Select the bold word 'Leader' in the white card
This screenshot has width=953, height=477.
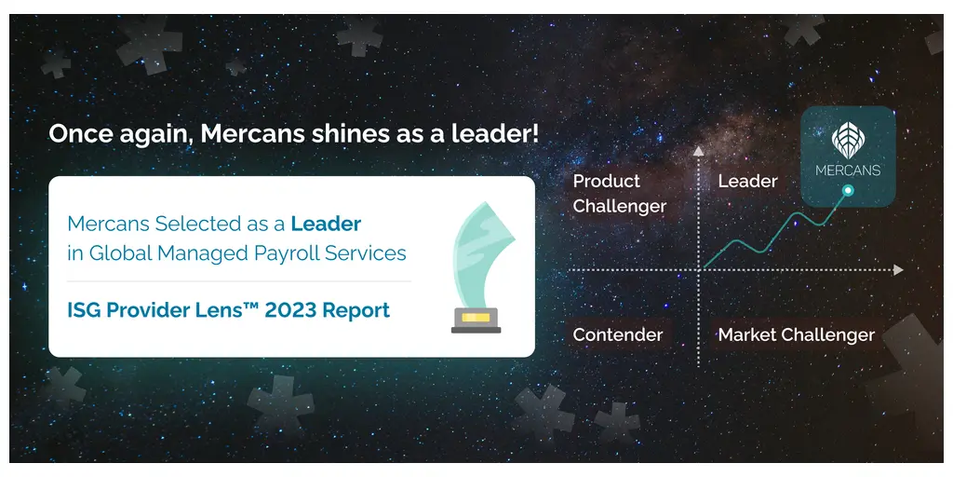point(326,224)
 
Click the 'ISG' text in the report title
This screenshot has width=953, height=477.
point(84,310)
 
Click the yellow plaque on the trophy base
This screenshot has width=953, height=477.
point(476,318)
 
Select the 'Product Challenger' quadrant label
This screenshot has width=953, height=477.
point(619,194)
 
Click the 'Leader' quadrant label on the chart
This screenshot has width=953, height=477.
point(747,182)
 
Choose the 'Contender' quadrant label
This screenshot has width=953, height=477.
point(618,334)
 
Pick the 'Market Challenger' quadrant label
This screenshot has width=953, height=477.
point(796,334)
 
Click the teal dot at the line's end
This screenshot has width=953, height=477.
point(847,191)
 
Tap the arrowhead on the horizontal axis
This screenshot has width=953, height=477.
point(898,270)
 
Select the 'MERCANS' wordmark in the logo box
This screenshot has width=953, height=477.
point(848,170)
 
